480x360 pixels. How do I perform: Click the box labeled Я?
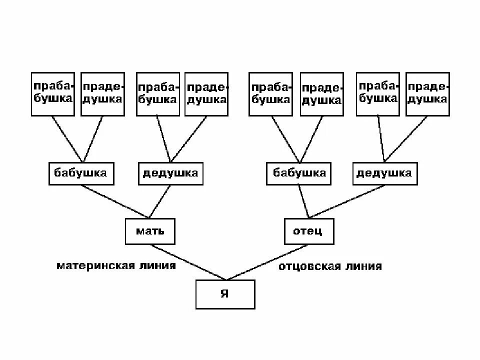coord(225,294)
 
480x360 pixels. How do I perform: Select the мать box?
coord(150,231)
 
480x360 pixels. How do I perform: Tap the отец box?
coord(308,231)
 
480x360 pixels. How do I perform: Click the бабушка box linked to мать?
coord(81,173)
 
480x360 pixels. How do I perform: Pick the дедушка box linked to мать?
coord(170,173)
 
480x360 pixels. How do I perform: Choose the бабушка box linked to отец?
coord(299,173)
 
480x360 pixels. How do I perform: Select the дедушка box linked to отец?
coord(384,173)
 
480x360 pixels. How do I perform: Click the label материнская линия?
coord(116,265)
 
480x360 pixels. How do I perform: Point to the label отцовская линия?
coord(330,266)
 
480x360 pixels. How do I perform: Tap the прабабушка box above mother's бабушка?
coord(52,94)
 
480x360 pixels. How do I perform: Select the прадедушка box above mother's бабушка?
coord(102,94)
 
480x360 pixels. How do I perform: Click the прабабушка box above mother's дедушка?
coord(157,94)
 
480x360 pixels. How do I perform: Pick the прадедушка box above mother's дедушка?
coord(206,94)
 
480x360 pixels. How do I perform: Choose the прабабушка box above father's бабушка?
coord(270,94)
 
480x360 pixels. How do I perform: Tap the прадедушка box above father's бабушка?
coord(321,94)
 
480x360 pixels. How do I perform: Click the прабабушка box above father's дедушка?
coord(378,94)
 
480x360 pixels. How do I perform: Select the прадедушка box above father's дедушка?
coord(427,94)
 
